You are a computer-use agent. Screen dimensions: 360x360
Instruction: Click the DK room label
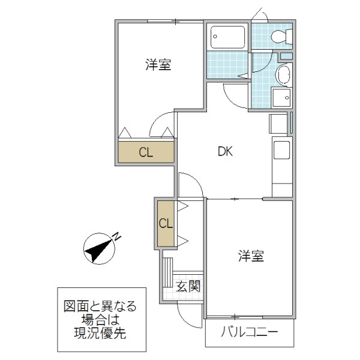coord(225,152)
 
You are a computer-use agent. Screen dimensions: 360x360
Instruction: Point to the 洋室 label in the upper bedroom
coord(158,65)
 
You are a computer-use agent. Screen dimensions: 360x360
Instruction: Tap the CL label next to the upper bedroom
coord(146,152)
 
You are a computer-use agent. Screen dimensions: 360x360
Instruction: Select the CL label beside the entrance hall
coord(166,224)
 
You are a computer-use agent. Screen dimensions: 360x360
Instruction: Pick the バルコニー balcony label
coord(249,332)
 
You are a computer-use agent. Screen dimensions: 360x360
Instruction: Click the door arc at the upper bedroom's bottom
coord(161,126)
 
